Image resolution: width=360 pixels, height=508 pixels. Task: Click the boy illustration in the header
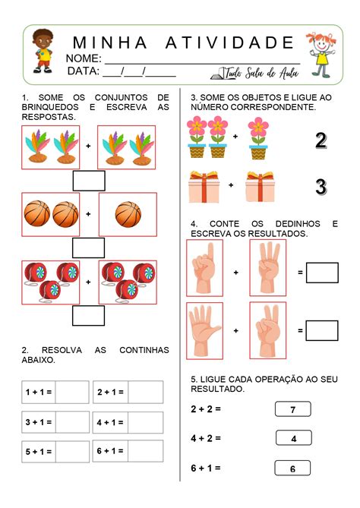(x=43, y=52)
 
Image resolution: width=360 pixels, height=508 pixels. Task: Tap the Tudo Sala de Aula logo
(x=254, y=72)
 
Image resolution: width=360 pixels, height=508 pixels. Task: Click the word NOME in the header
(x=84, y=59)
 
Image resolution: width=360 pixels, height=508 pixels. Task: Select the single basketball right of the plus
(x=128, y=214)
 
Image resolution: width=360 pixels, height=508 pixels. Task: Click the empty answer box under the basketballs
(x=88, y=248)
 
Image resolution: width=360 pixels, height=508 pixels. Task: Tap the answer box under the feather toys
(x=88, y=181)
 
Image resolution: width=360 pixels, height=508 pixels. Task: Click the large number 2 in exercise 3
(x=321, y=140)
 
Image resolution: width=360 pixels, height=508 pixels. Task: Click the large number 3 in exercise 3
(x=321, y=186)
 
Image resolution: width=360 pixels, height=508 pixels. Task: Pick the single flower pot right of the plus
(x=258, y=137)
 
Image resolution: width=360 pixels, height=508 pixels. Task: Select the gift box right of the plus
(x=259, y=186)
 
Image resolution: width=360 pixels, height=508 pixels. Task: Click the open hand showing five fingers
(x=204, y=330)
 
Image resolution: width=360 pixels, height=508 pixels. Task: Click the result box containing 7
(x=292, y=409)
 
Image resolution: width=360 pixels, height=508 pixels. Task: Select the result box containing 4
(x=292, y=438)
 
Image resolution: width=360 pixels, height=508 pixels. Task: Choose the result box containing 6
(x=292, y=469)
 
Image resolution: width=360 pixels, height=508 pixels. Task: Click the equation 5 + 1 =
(x=38, y=452)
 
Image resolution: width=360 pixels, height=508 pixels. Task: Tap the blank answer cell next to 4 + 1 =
(x=145, y=422)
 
